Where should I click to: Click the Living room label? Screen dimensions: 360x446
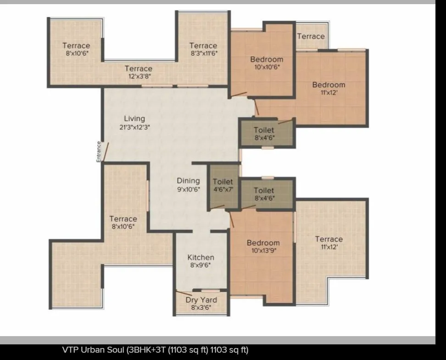point(134,119)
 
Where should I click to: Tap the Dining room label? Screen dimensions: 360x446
point(188,180)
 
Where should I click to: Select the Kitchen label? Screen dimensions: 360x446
point(201,257)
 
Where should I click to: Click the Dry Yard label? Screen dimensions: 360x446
point(201,300)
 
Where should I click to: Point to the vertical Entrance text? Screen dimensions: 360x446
point(98,152)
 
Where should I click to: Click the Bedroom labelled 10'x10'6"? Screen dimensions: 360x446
point(267,59)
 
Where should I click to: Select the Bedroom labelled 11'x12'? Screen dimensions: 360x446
point(329,84)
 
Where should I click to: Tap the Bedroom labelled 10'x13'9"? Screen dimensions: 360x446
point(263,243)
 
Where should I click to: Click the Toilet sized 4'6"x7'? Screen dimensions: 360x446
point(223,182)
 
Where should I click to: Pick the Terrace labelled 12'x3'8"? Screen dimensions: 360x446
point(138,69)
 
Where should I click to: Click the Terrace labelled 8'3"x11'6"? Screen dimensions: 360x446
point(203,45)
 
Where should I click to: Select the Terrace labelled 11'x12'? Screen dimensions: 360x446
point(329,239)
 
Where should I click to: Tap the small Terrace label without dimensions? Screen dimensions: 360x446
point(311,36)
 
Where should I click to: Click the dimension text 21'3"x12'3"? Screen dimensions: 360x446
point(134,127)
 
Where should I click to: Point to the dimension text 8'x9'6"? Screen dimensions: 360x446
point(201,265)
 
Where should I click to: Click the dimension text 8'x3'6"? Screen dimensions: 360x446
point(201,308)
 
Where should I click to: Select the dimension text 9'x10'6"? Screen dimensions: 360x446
point(188,189)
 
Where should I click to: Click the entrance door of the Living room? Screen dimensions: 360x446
point(105,152)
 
